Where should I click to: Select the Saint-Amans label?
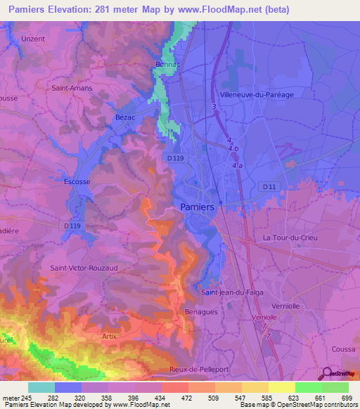pos(69,89)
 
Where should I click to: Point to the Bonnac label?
pos(169,64)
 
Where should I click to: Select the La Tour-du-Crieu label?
pos(290,238)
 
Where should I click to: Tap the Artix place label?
pos(109,337)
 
